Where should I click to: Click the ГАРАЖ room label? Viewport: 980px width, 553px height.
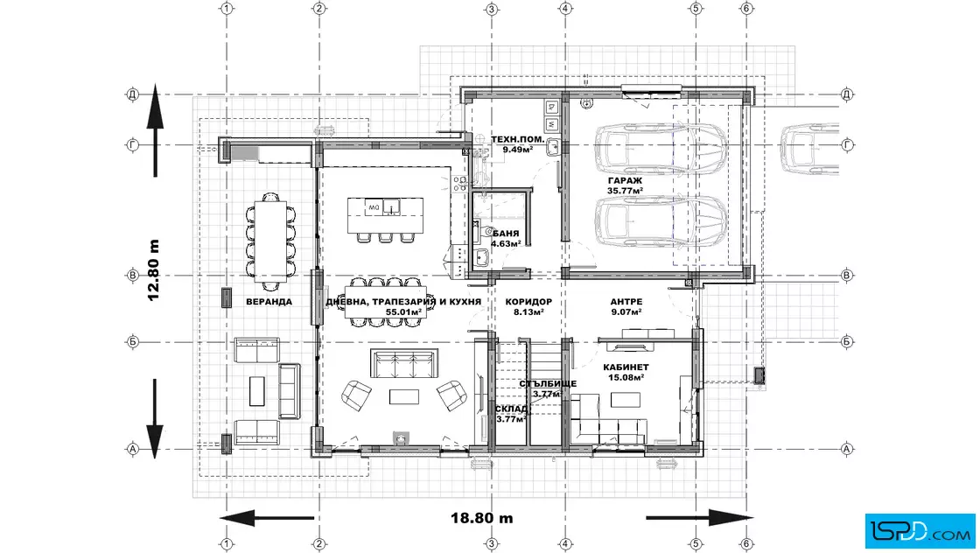point(625,180)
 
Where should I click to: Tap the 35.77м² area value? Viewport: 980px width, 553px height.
point(625,192)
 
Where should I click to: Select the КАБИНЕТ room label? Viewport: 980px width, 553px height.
point(626,367)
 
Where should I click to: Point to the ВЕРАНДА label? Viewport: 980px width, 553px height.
point(269,302)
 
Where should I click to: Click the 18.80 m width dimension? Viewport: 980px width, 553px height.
point(482,518)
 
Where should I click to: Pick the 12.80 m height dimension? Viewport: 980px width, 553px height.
point(154,270)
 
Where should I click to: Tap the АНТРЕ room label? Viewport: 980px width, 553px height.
point(626,302)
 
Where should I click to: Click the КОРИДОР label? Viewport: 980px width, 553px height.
point(528,302)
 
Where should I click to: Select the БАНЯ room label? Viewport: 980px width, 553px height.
point(507,234)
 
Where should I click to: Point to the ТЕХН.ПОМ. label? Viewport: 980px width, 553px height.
point(517,139)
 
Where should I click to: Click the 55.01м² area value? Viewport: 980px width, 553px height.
point(403,311)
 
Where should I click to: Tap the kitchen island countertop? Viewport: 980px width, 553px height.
point(385,215)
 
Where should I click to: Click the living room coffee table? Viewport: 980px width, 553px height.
point(403,396)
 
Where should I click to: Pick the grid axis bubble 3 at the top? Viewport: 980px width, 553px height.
point(491,9)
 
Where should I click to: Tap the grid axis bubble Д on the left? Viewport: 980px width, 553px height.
point(132,95)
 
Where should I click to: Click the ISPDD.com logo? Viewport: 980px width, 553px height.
point(920,531)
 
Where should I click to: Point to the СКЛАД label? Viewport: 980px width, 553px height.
point(513,409)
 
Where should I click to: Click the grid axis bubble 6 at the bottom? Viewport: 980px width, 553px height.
point(746,543)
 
